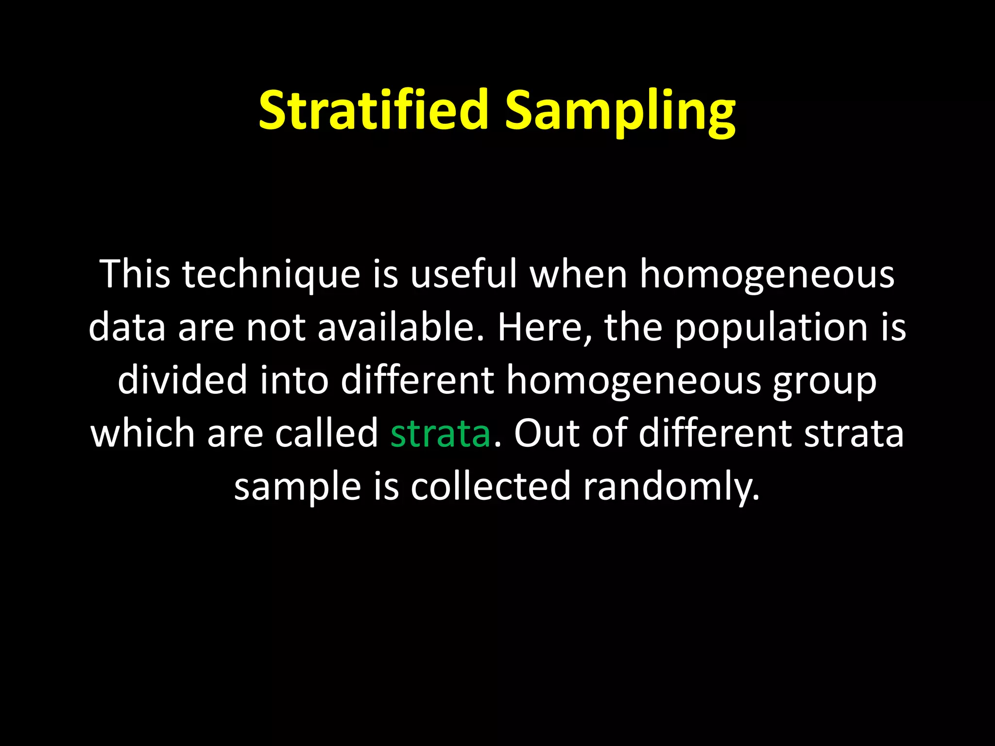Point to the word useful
pos(463,274)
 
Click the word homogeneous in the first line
pos(766,274)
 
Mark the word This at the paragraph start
pos(135,274)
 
